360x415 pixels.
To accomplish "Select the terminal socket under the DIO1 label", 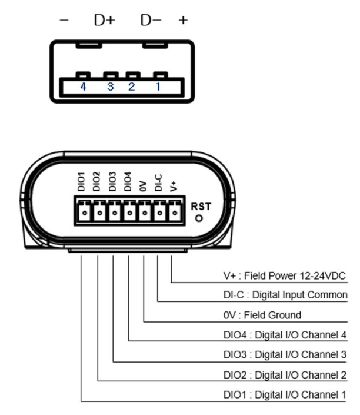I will click(x=85, y=212).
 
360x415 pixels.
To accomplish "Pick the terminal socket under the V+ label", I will click(x=174, y=212).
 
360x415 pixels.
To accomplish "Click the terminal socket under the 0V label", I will click(x=144, y=212).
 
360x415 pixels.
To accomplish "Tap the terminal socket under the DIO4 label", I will click(x=129, y=212).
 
